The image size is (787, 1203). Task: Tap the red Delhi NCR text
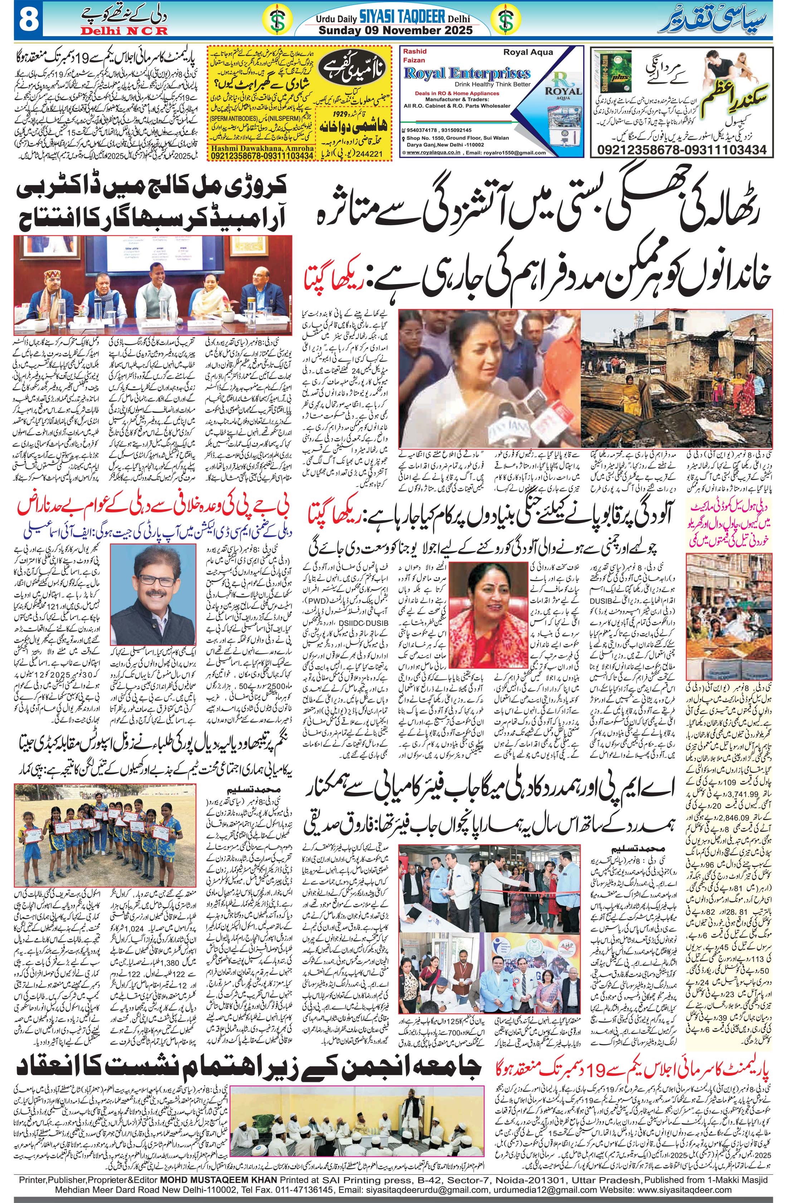click(123, 31)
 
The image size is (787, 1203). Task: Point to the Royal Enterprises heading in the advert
click(467, 74)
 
